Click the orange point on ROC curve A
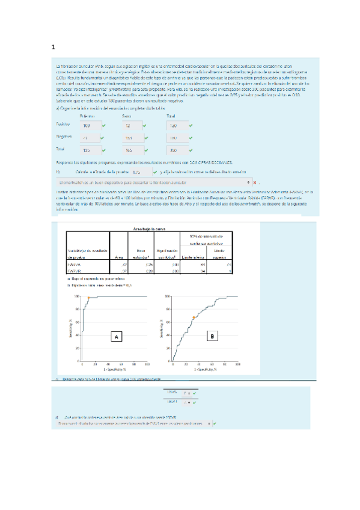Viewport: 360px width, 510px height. (88, 298)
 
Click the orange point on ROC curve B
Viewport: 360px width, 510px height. (194, 318)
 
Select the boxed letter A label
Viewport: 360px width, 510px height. (115, 337)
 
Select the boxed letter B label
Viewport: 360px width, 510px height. (212, 337)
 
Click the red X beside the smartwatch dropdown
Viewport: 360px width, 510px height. (255, 181)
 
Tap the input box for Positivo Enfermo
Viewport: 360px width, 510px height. (86, 126)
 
